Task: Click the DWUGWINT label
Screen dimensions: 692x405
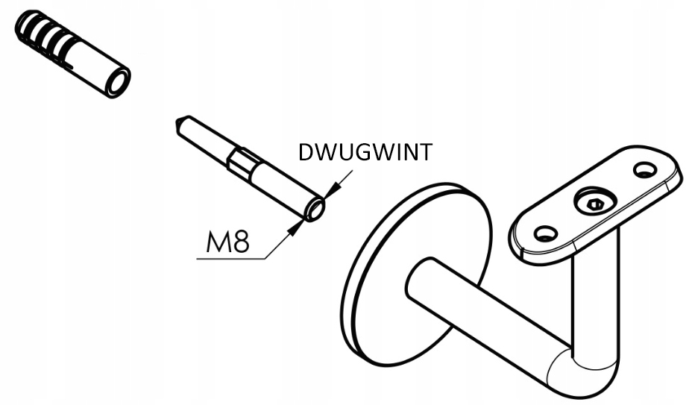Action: point(365,152)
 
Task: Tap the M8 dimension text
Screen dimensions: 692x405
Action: point(228,242)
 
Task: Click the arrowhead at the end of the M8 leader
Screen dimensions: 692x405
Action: point(296,227)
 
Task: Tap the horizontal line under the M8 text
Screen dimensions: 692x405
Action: point(231,259)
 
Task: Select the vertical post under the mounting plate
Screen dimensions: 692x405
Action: point(597,298)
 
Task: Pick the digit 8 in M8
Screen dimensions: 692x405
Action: point(239,242)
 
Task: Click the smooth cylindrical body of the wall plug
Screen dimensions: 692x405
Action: point(93,67)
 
